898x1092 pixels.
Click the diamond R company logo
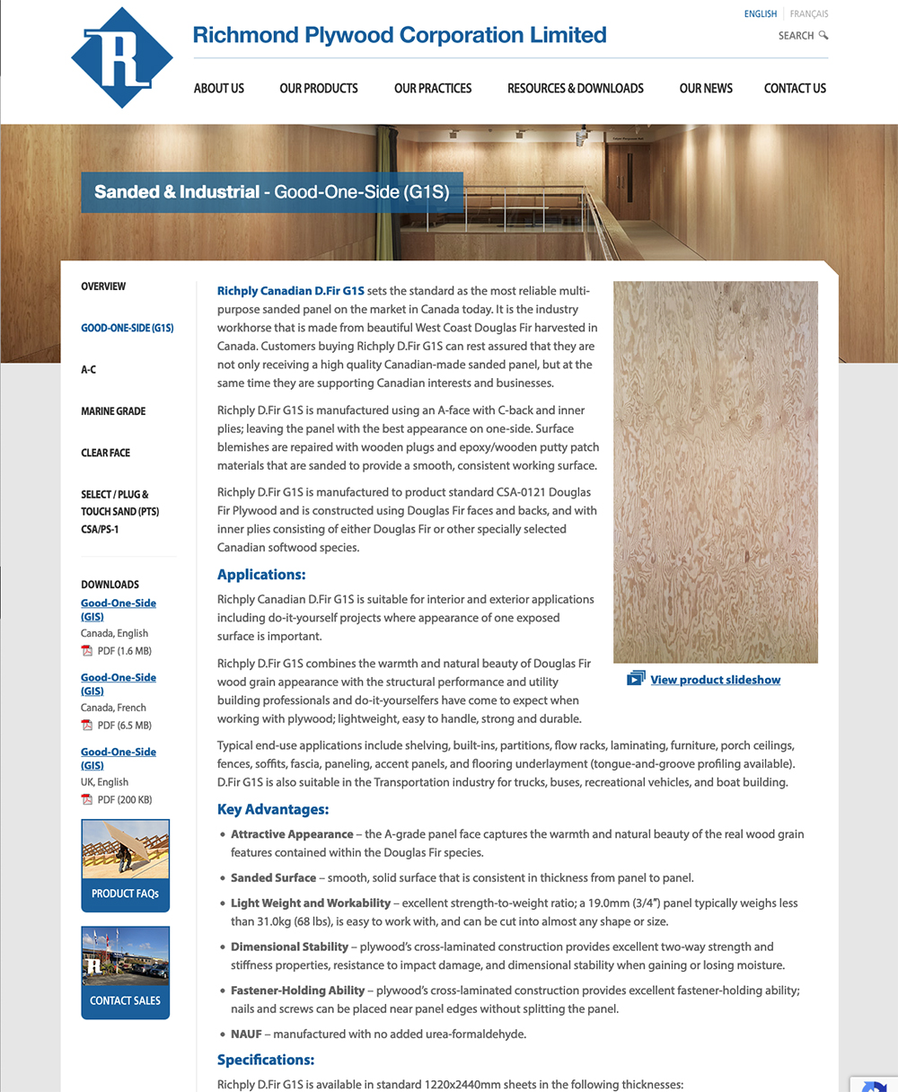(122, 57)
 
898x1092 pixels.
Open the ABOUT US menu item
(219, 88)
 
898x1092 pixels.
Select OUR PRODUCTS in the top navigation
(319, 88)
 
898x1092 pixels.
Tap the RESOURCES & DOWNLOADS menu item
(576, 88)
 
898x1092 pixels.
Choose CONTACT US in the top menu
(795, 88)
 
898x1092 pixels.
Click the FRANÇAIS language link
(809, 14)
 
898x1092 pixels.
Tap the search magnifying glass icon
(823, 36)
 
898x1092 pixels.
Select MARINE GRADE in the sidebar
(113, 411)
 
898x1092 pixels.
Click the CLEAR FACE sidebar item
(106, 453)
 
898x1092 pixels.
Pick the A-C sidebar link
(89, 370)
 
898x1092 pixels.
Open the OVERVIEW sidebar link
(103, 286)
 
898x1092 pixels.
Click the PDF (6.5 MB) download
(124, 726)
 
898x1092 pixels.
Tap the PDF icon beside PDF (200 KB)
(87, 800)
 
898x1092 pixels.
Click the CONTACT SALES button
(125, 973)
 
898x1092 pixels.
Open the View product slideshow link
(716, 680)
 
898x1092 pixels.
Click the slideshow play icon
(636, 679)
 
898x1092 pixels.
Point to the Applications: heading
(261, 575)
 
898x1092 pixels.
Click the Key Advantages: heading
(273, 809)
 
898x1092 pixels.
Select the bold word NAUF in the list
(246, 1035)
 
